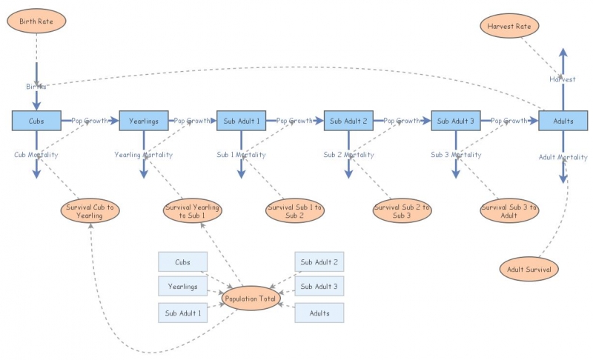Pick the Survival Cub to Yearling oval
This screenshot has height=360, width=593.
pyautogui.click(x=90, y=210)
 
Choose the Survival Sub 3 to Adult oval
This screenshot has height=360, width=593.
pyautogui.click(x=509, y=210)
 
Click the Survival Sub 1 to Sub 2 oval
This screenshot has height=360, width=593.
pyautogui.click(x=295, y=210)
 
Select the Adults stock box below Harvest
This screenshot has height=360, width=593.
pyautogui.click(x=563, y=120)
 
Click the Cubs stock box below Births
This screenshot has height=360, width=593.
pyautogui.click(x=36, y=120)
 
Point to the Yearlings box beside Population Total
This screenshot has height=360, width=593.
pyautogui.click(x=182, y=286)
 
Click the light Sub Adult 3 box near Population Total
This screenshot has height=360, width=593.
pyautogui.click(x=319, y=286)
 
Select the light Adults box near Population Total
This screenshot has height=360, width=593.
pyautogui.click(x=319, y=313)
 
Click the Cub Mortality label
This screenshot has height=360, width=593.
pyautogui.click(x=36, y=155)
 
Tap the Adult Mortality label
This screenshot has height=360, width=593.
pyautogui.click(x=563, y=157)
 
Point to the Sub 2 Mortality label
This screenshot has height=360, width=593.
pyautogui.click(x=348, y=155)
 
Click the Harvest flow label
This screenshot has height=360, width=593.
pyautogui.click(x=563, y=79)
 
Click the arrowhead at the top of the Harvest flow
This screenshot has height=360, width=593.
pyautogui.click(x=563, y=53)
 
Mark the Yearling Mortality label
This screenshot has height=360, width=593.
pyautogui.click(x=144, y=155)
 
